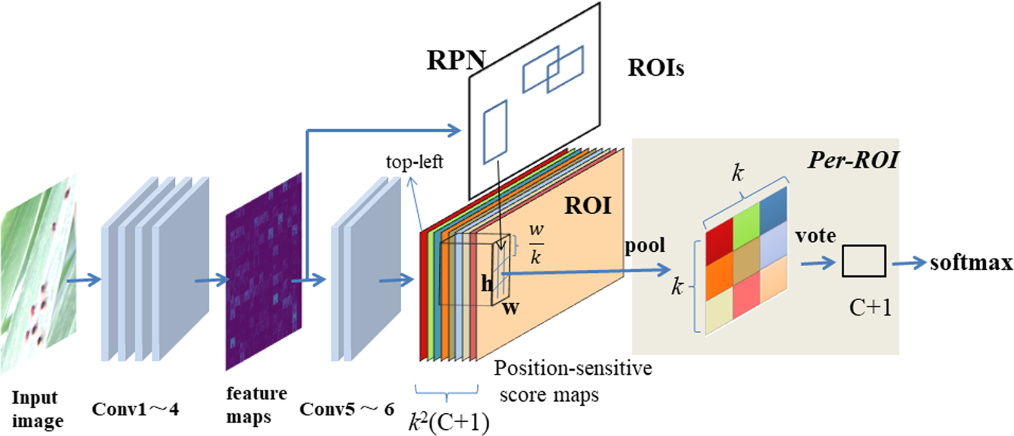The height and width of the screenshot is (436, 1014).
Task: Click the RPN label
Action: click(x=456, y=60)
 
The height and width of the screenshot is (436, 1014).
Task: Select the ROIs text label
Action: click(x=655, y=67)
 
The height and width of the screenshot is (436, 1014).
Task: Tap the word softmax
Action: click(x=970, y=264)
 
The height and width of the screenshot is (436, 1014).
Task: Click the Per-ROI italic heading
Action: click(x=853, y=160)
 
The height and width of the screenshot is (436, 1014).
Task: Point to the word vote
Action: click(x=815, y=236)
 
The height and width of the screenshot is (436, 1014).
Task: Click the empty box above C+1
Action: click(x=863, y=261)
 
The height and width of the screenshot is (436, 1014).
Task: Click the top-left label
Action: click(x=414, y=162)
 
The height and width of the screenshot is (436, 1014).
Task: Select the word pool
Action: click(x=645, y=246)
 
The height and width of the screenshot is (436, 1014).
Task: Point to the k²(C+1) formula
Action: click(x=449, y=422)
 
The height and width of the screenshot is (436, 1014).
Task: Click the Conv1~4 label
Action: click(x=135, y=409)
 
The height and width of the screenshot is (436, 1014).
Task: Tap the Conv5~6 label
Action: click(x=346, y=410)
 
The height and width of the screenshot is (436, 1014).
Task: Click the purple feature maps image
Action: click(x=263, y=271)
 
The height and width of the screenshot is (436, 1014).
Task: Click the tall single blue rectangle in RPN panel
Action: click(x=495, y=132)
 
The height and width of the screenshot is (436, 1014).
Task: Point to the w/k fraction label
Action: click(x=536, y=244)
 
